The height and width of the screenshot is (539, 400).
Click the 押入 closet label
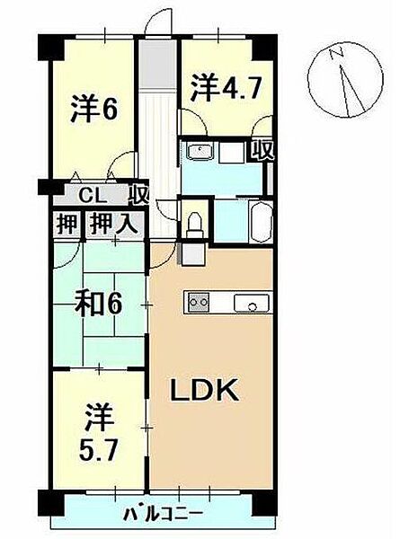113,222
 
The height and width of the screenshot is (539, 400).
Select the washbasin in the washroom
200,150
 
